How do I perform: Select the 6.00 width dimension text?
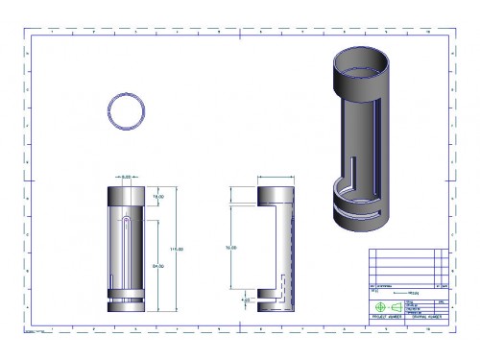[x=126, y=177]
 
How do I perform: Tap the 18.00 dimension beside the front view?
[x=158, y=195]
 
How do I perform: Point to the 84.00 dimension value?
[x=158, y=266]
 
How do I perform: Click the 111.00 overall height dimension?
[x=176, y=249]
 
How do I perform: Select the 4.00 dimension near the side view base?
[x=245, y=300]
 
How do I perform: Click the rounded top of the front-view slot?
[x=127, y=223]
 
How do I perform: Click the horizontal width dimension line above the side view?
[x=276, y=177]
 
